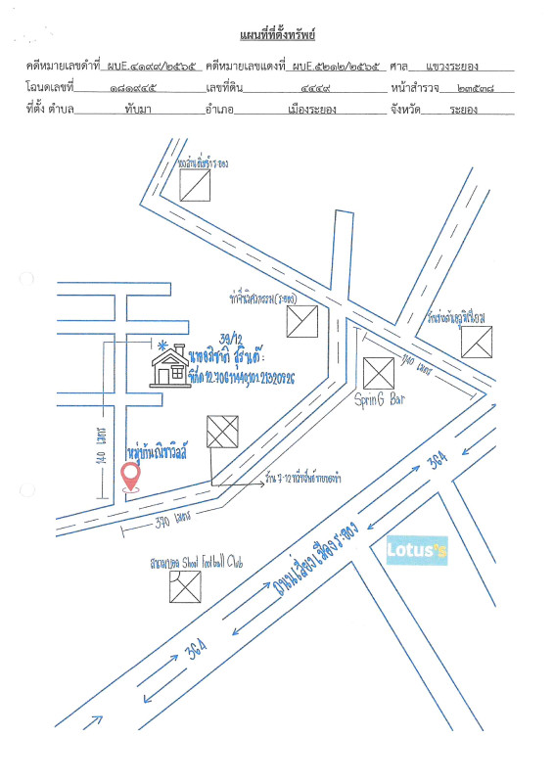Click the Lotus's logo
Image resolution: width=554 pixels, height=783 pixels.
[417, 552]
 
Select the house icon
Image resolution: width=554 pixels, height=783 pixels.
[169, 366]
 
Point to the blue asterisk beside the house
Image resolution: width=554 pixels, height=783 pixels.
[162, 345]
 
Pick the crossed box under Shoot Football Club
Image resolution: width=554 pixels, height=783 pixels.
[184, 586]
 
